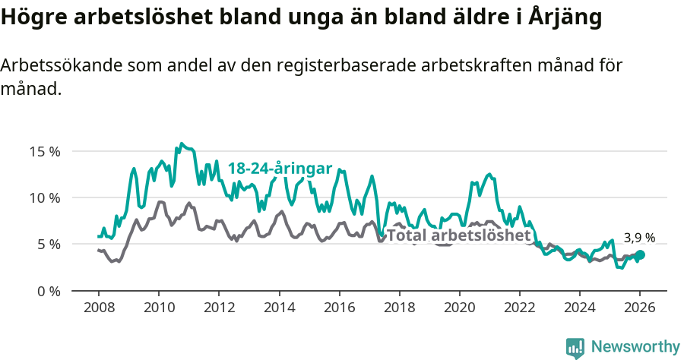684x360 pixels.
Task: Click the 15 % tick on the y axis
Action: (44, 151)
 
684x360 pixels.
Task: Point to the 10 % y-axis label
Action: (44, 197)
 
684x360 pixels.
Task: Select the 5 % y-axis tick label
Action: (47, 245)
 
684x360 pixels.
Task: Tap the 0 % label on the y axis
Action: (47, 291)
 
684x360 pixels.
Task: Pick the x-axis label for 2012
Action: (218, 308)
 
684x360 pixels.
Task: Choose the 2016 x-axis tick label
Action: (339, 308)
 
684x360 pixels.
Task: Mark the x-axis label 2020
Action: (459, 308)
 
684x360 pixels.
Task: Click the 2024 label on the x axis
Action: (579, 308)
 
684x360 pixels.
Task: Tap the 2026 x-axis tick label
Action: (639, 308)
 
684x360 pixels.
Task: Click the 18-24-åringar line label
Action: (280, 169)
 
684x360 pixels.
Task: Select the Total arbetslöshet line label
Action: (458, 235)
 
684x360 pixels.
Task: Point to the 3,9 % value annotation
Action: (639, 238)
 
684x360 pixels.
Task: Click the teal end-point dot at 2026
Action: (640, 255)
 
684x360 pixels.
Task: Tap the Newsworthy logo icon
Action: (575, 347)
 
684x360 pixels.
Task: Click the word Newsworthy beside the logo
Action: (635, 347)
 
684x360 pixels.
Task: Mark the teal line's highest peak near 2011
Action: (181, 143)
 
